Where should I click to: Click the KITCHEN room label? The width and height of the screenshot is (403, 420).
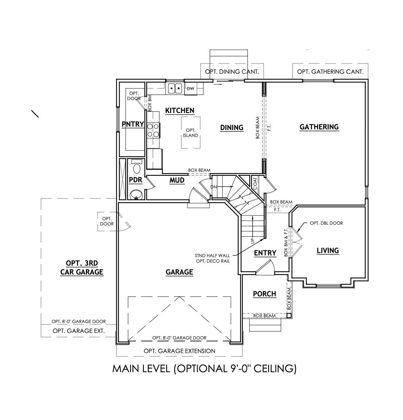click(x=180, y=111)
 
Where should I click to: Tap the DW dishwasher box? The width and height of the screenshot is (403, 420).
click(x=191, y=89)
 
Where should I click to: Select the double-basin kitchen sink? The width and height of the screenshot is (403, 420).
click(x=175, y=88)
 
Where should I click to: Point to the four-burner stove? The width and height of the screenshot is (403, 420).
click(x=153, y=130)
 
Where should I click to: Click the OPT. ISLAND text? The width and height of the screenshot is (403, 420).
click(x=191, y=133)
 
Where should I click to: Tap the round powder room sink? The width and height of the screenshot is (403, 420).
click(x=136, y=195)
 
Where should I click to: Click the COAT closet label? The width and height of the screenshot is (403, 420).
click(x=255, y=183)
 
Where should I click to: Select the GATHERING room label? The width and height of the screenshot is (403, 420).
click(x=319, y=127)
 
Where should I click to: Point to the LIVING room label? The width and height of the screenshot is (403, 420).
click(x=328, y=251)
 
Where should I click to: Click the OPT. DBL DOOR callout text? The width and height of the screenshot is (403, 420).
click(x=326, y=223)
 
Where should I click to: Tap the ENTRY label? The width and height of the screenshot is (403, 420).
click(x=265, y=253)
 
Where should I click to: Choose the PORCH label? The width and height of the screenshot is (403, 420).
click(x=265, y=294)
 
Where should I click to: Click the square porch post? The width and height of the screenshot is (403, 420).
click(x=289, y=316)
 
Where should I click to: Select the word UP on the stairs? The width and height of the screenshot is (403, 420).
click(x=253, y=240)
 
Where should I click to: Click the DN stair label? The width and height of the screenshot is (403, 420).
click(x=213, y=187)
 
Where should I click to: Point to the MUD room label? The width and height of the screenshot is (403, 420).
click(x=177, y=180)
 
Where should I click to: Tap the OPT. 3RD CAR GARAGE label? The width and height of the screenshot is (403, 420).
click(x=82, y=268)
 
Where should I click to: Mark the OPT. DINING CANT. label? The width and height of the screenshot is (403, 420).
click(x=232, y=72)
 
